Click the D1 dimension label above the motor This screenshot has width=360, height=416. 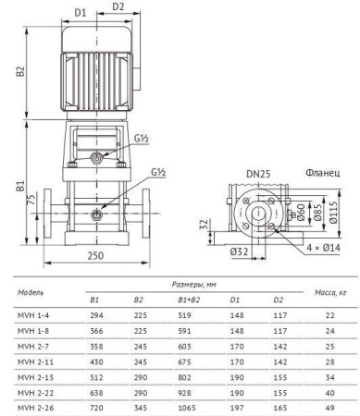(x=81, y=13)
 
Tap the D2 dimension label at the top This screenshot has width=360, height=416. (x=118, y=6)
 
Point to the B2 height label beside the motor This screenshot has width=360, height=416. (x=20, y=71)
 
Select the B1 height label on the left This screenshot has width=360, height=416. (x=20, y=186)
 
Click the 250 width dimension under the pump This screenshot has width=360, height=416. (x=95, y=256)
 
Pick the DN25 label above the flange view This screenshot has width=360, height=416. (x=258, y=174)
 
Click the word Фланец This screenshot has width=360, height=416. (x=323, y=173)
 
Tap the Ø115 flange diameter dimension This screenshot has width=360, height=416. (x=333, y=213)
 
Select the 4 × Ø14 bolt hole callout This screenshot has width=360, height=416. (x=323, y=248)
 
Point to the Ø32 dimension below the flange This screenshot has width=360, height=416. (x=239, y=251)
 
